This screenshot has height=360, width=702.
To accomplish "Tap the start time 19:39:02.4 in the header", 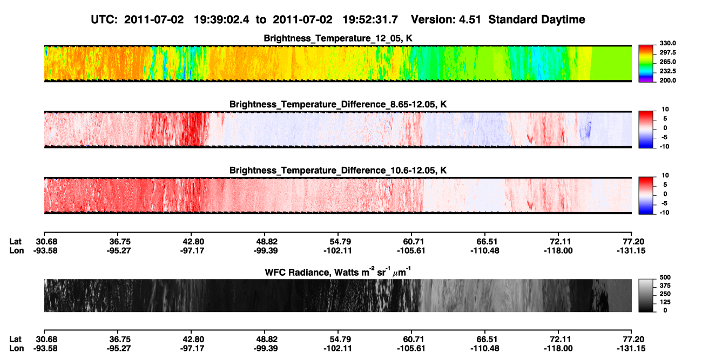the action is pyautogui.click(x=221, y=19).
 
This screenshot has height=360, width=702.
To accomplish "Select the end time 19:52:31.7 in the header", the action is pyautogui.click(x=370, y=19).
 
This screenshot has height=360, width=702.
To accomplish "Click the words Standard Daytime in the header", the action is pyautogui.click(x=537, y=19).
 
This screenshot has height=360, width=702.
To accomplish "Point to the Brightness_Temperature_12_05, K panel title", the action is pyautogui.click(x=338, y=38).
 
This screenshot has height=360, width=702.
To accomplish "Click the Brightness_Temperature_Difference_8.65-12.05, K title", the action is pyautogui.click(x=338, y=104).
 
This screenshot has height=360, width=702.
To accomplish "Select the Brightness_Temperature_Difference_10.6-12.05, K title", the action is pyautogui.click(x=338, y=171).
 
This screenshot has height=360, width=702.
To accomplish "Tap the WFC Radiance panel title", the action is pyautogui.click(x=338, y=272).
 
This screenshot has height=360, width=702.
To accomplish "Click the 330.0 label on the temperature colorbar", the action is pyautogui.click(x=667, y=43).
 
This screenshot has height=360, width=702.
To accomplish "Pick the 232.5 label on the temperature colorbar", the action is pyautogui.click(x=667, y=71).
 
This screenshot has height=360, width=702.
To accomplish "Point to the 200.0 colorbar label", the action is pyautogui.click(x=667, y=80).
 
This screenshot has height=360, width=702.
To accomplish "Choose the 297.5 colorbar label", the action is pyautogui.click(x=667, y=52).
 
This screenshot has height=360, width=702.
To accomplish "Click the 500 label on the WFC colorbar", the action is pyautogui.click(x=665, y=277).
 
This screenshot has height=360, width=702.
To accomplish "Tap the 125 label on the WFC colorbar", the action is pyautogui.click(x=665, y=302).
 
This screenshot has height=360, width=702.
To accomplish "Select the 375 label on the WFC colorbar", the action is pyautogui.click(x=665, y=286).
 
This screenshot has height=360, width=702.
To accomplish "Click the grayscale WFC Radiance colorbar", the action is pyautogui.click(x=646, y=295).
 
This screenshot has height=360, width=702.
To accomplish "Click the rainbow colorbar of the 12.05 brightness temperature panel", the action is pyautogui.click(x=646, y=64).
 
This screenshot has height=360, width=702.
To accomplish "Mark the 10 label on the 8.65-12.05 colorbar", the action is pyautogui.click(x=665, y=110).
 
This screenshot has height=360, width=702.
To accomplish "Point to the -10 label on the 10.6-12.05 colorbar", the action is pyautogui.click(x=664, y=213).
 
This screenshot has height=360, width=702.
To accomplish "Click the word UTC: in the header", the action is pyautogui.click(x=104, y=19).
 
